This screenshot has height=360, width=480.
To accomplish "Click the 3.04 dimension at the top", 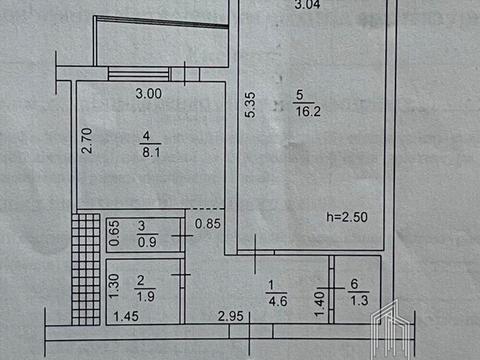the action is pyautogui.click(x=310, y=6).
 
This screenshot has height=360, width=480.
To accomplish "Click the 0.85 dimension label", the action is pyautogui.click(x=207, y=224).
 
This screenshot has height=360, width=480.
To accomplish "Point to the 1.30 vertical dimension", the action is pyautogui.click(x=114, y=290).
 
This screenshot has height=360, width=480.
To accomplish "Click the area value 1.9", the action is pyautogui.click(x=144, y=296).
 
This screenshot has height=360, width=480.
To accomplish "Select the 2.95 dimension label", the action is pyautogui.click(x=232, y=318).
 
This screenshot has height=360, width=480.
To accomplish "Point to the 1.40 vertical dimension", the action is pyautogui.click(x=321, y=295).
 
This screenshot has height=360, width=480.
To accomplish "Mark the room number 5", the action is pyautogui.click(x=298, y=96).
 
